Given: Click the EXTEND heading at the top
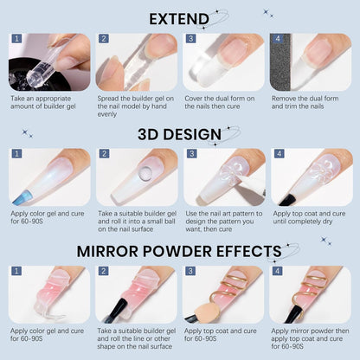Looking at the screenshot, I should point(179,18).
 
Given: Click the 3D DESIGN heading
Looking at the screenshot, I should point(179,135).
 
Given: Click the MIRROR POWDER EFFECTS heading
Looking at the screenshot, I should point(179,251).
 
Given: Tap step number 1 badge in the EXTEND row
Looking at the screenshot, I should point(16,39).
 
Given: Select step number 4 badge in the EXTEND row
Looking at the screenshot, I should point(277,39).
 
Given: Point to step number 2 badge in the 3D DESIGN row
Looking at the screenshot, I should point(103,154).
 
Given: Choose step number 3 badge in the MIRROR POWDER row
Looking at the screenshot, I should point(190,271).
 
